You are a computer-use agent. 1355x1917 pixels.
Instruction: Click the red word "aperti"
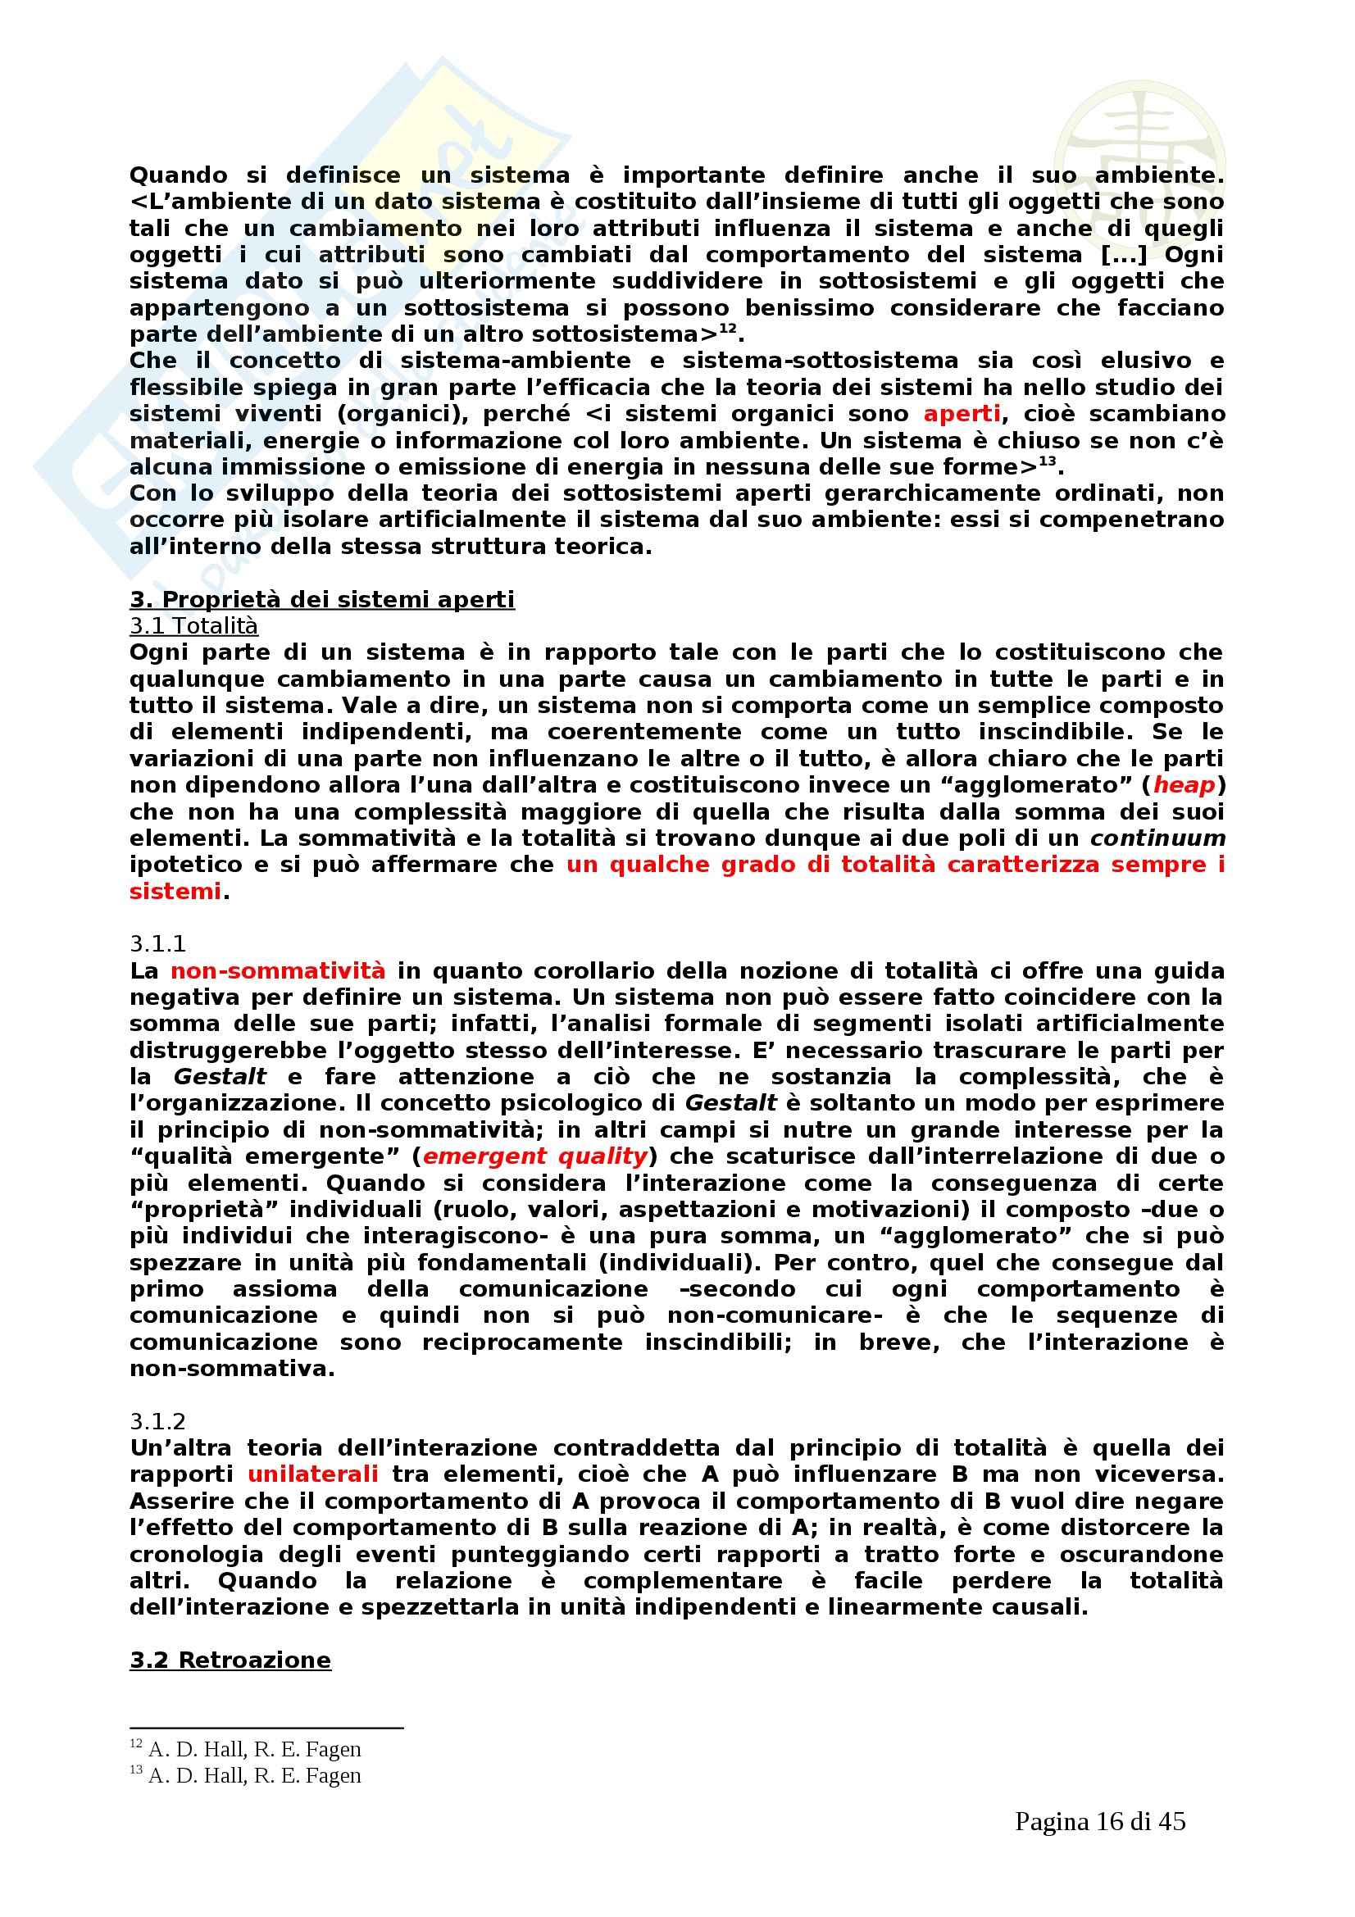(x=961, y=413)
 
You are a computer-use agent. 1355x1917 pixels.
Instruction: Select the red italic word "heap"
(x=1184, y=785)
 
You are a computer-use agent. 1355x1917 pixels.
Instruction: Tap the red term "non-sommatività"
(x=278, y=970)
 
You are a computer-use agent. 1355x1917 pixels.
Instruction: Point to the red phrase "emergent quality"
(x=535, y=1156)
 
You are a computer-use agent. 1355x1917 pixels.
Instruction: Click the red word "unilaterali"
(x=313, y=1474)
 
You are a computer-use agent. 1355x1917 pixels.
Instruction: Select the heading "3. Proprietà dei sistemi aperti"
(x=322, y=599)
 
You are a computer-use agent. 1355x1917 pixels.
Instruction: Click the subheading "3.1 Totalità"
(x=193, y=626)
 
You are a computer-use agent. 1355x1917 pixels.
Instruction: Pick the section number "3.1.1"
(x=157, y=943)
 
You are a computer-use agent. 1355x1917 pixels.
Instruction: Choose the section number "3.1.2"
(x=157, y=1421)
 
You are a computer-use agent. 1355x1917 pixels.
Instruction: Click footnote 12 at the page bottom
(x=245, y=1749)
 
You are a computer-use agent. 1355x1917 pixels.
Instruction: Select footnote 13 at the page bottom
(x=245, y=1776)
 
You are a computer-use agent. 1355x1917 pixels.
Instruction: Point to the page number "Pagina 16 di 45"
(x=1100, y=1822)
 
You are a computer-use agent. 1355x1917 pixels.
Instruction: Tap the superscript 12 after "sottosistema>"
(x=728, y=329)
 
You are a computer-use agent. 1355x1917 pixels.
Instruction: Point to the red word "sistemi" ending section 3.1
(x=175, y=891)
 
